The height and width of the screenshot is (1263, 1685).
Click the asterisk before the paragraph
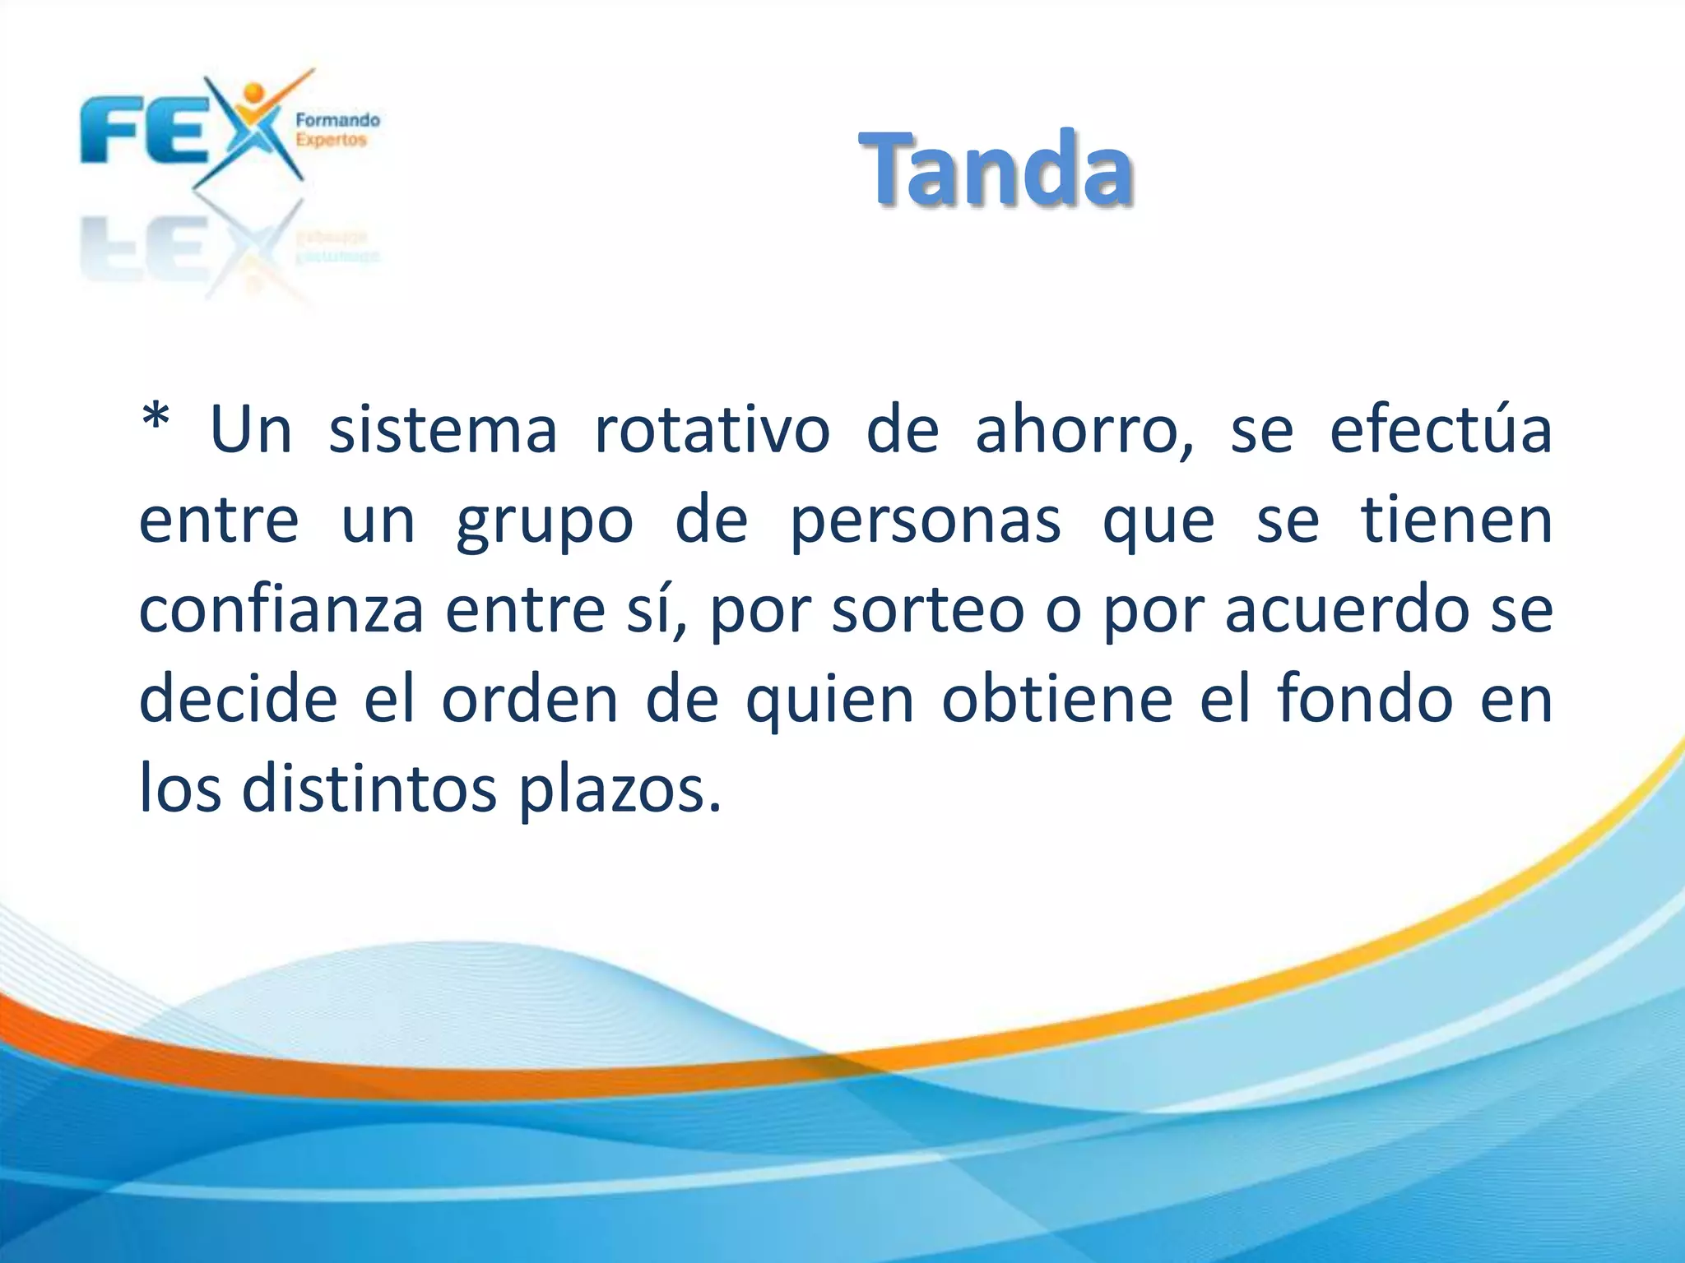tap(156, 421)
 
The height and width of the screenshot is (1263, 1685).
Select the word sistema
tap(443, 431)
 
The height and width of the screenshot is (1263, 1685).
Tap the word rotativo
tap(712, 431)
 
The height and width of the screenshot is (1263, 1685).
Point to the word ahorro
tap(1083, 431)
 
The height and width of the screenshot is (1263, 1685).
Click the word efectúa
tap(1441, 429)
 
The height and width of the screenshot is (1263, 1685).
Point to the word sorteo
tap(927, 612)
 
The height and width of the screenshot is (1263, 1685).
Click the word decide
tap(239, 699)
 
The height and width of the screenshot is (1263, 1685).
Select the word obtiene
tap(1057, 699)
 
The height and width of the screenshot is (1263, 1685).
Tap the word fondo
tap(1365, 699)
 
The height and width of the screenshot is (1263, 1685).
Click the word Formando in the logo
tap(337, 120)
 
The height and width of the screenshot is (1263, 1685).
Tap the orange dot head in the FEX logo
tap(254, 92)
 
